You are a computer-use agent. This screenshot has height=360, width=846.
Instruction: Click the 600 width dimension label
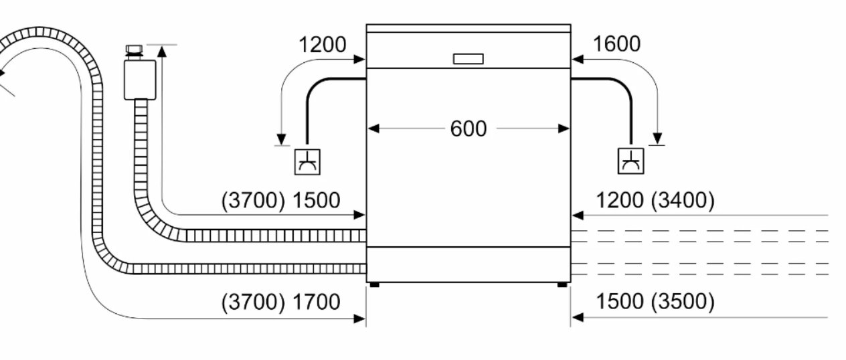click(469, 129)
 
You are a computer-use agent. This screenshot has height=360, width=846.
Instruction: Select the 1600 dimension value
click(616, 43)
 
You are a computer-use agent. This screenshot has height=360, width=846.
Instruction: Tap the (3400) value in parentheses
click(683, 200)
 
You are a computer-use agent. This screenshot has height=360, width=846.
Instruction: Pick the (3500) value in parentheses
click(683, 302)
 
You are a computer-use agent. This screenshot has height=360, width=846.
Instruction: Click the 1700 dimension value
click(317, 302)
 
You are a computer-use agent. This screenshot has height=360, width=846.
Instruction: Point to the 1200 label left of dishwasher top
click(322, 45)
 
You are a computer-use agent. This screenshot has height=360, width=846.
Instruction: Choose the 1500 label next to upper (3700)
click(317, 201)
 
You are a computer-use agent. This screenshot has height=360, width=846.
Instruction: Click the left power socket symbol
click(307, 162)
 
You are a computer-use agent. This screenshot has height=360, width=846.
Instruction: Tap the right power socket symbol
click(630, 161)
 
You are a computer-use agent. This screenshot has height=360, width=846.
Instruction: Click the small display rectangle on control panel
click(469, 59)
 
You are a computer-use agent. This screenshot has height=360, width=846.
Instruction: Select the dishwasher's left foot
click(374, 285)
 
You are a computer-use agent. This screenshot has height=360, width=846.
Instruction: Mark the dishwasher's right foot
click(562, 285)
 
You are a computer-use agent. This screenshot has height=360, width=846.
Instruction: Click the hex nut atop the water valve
click(134, 49)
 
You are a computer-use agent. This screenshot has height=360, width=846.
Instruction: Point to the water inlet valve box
click(140, 80)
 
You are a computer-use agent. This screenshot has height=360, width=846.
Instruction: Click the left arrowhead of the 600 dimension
click(373, 129)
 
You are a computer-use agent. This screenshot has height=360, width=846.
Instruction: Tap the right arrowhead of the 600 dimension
click(564, 129)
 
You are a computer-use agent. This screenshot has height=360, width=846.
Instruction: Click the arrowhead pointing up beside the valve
click(162, 52)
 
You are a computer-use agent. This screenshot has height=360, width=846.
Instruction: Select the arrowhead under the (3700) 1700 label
click(359, 319)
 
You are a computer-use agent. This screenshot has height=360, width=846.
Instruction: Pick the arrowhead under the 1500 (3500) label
click(578, 318)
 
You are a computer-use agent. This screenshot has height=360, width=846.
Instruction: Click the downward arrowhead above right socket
click(657, 139)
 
